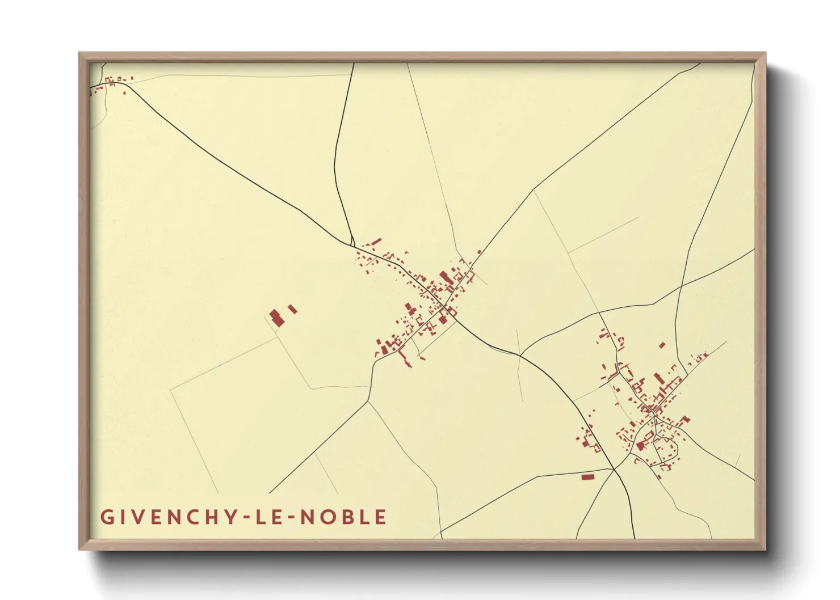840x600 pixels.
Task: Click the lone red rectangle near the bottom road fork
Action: [x=587, y=477]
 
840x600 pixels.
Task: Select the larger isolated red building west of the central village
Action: [x=276, y=317]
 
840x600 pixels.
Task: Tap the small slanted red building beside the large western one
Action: [x=292, y=309]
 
